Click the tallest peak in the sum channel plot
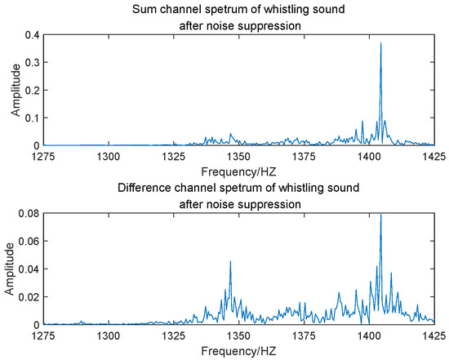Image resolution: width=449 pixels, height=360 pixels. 380,44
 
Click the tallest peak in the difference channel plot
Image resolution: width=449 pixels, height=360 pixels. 380,215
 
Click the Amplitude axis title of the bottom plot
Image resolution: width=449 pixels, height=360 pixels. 11,269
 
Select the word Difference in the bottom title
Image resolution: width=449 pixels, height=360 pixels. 145,189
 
